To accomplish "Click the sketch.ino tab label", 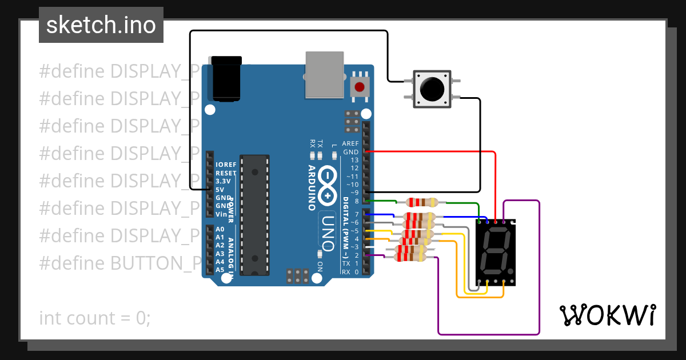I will click(101, 25).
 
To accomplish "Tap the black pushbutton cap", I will click(432, 89).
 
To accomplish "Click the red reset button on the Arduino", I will click(359, 87).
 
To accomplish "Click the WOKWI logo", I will click(607, 315).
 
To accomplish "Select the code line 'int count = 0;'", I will click(95, 318).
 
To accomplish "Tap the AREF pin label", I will click(350, 143).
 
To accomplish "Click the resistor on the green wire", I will click(421, 202).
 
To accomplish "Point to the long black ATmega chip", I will click(254, 214).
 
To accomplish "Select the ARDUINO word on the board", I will click(313, 188).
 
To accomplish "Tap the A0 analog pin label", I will click(220, 229).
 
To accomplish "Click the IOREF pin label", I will click(226, 165).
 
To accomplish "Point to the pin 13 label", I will click(354, 160).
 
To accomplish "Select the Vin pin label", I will click(221, 214).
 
